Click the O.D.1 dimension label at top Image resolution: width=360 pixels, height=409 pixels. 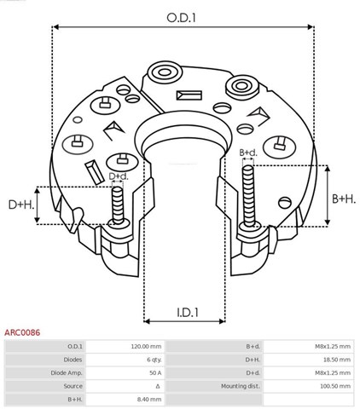181,14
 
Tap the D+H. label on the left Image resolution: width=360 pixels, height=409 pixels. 21,205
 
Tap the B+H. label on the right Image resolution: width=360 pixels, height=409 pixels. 344,199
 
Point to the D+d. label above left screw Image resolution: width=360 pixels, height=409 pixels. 119,176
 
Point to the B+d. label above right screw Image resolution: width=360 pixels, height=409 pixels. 249,153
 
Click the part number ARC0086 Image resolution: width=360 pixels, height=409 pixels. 23,333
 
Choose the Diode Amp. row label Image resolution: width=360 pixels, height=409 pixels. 66,372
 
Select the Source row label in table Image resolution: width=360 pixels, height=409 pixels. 73,385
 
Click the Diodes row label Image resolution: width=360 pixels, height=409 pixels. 72,360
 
